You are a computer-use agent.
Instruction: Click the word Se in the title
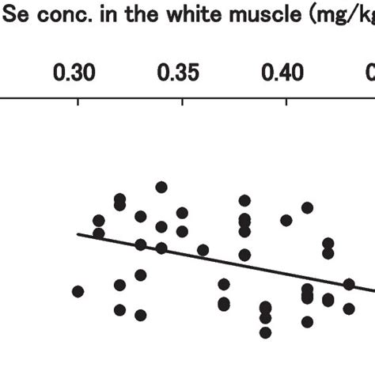[x=11, y=11]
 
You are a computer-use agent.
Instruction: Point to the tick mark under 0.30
[x=78, y=101]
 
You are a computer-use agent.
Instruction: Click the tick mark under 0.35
[x=183, y=101]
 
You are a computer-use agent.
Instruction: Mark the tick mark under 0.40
[x=286, y=101]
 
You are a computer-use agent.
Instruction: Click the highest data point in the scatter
[x=161, y=187]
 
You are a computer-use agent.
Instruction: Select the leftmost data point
[x=78, y=291]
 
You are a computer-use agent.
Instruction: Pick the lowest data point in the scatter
[x=265, y=332]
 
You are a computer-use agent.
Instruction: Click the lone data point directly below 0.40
[x=286, y=220]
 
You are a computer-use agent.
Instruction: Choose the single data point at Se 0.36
[x=203, y=250]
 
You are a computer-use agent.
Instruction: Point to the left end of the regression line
[x=78, y=234]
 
